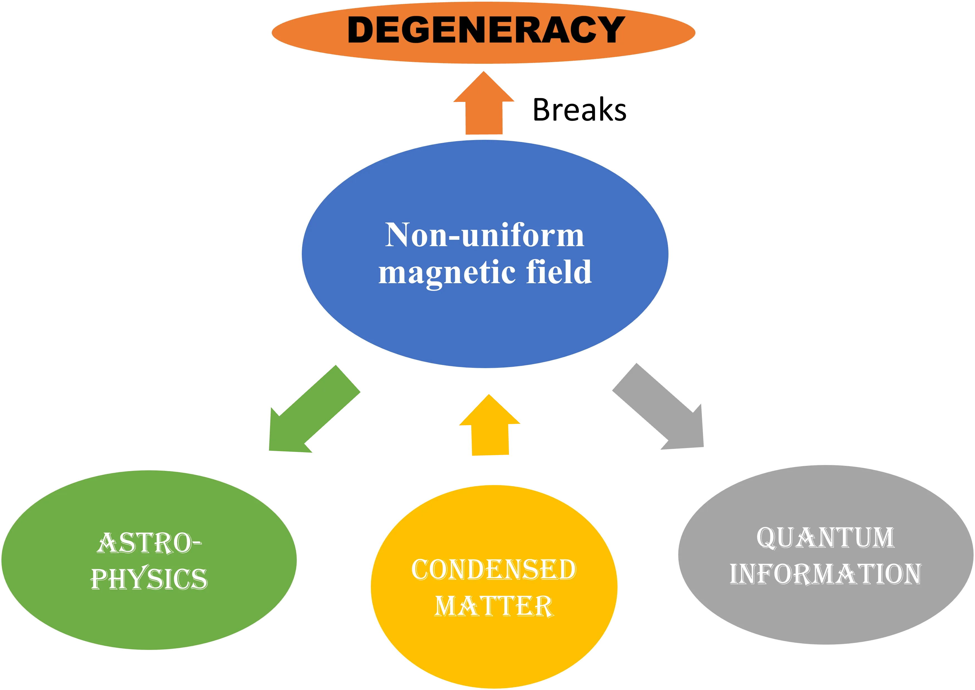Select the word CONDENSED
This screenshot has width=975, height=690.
tap(494, 570)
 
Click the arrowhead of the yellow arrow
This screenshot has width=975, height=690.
tap(490, 410)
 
